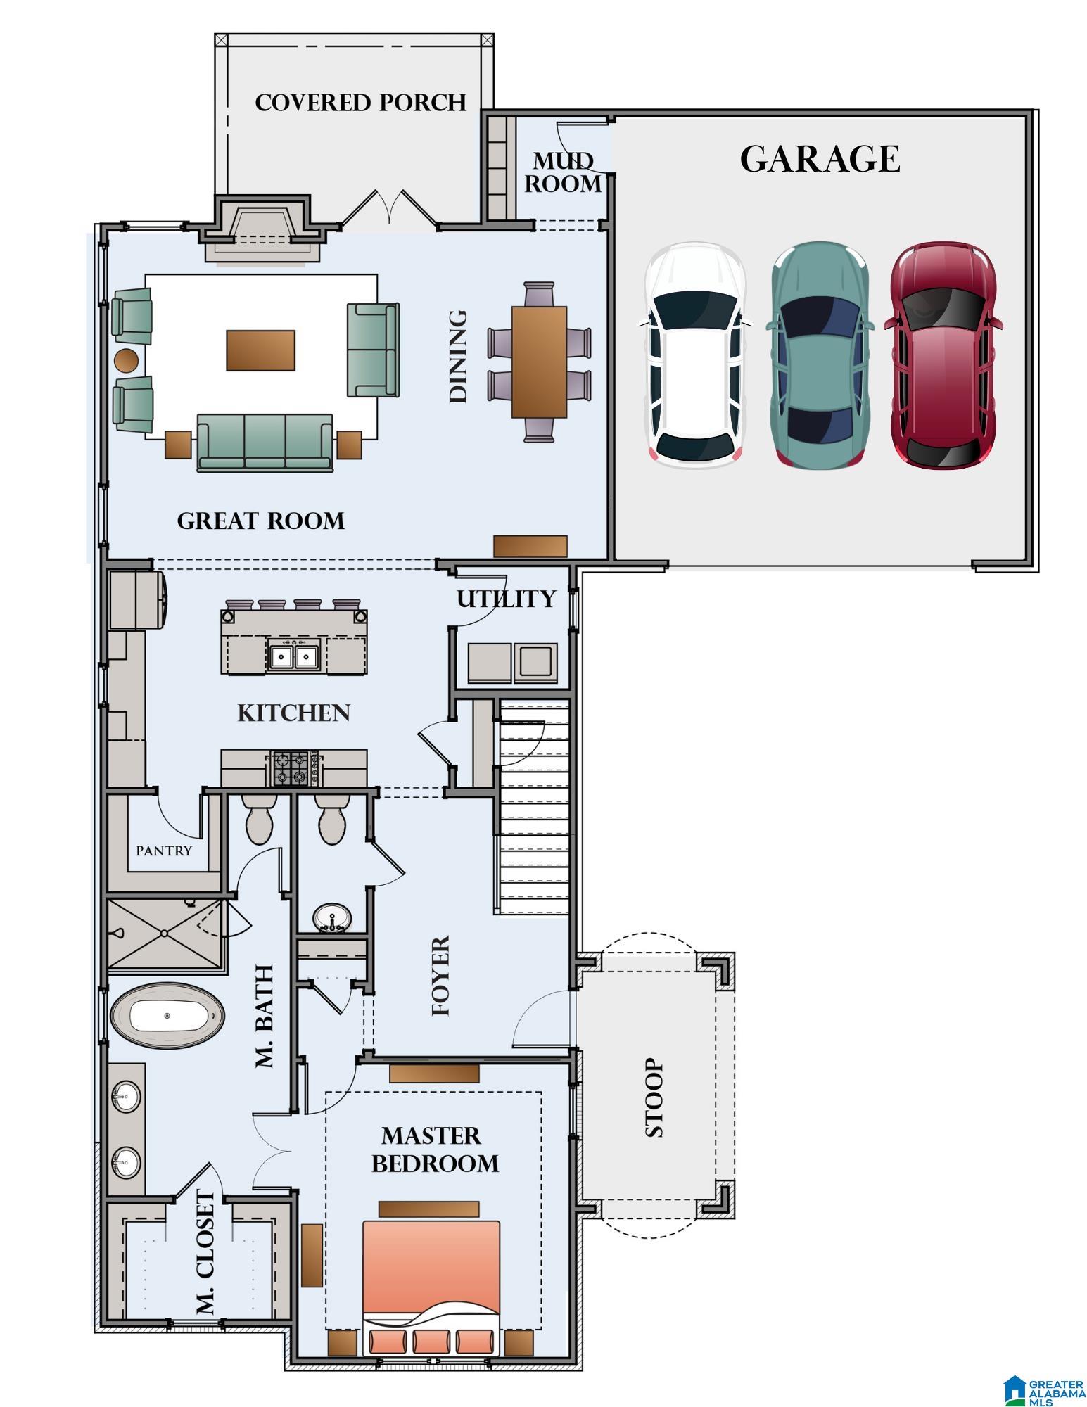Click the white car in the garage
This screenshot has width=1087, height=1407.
point(694,355)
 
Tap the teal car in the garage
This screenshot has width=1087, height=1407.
point(820,355)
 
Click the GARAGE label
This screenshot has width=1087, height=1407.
point(820,159)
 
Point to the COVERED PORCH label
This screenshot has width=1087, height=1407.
point(360,103)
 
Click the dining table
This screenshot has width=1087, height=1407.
point(539,362)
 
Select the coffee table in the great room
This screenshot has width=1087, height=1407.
point(260,350)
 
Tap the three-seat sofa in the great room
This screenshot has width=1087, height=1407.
point(265,442)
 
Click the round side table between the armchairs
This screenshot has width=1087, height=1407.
point(127,360)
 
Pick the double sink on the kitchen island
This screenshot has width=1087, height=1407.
point(293,656)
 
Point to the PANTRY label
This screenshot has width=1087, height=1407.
point(164,851)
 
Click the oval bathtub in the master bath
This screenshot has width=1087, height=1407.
point(167,1017)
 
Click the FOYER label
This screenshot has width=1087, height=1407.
point(440,976)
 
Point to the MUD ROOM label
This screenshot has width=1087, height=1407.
point(562,172)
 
